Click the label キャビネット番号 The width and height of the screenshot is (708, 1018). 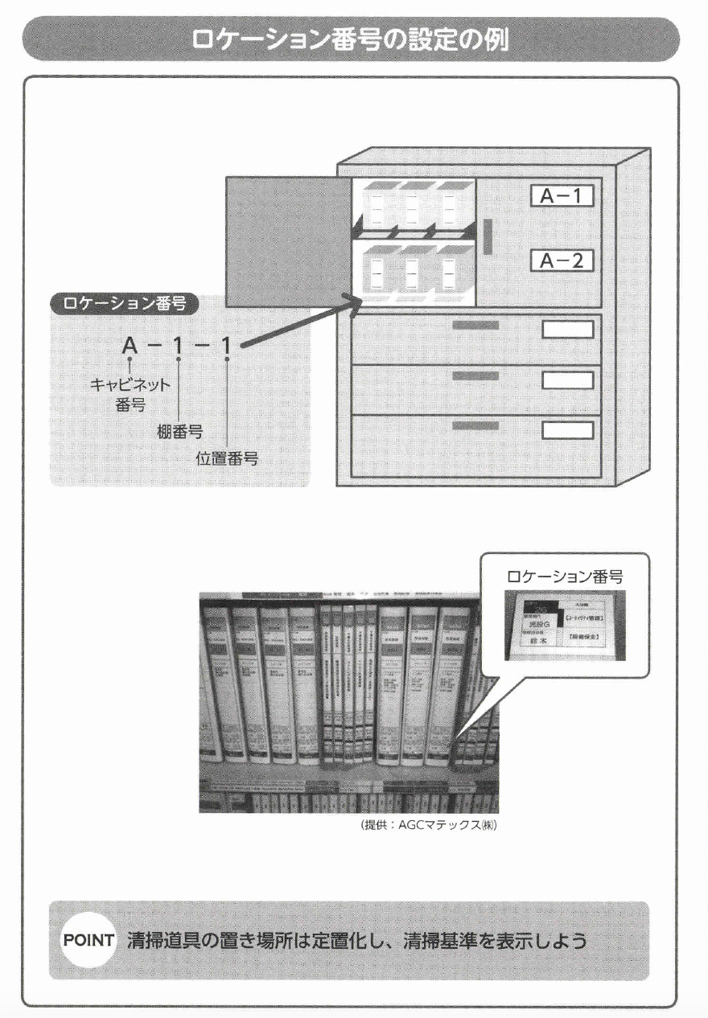point(130,393)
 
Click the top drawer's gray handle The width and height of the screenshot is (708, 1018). point(475,325)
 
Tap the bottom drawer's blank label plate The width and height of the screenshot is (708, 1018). point(566,429)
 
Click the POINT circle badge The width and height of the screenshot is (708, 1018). point(89,940)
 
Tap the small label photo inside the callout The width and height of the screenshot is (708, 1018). point(564,625)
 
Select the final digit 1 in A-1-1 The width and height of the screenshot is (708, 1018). point(227,347)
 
